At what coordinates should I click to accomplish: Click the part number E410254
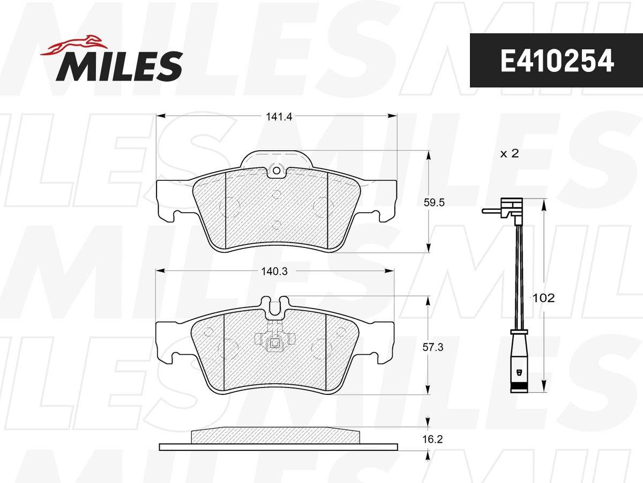pos(556,61)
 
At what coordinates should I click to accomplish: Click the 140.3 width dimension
pos(275,272)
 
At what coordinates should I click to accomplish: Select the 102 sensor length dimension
pos(543,298)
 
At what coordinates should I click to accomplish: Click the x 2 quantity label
pos(509,153)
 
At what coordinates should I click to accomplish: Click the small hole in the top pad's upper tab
pos(276,171)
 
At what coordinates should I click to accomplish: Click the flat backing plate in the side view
pos(278,447)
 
